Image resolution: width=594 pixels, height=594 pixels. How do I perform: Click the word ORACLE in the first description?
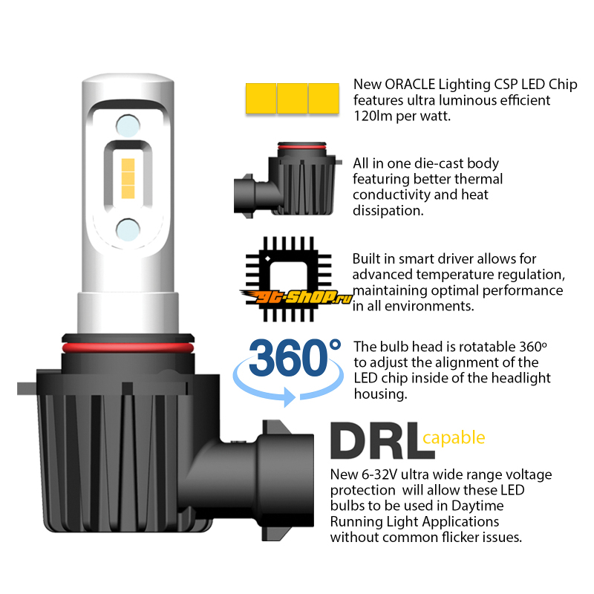coord(410,85)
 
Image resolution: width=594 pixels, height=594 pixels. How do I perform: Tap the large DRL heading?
coord(382,440)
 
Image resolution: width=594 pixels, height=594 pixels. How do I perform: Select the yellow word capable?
coord(454,438)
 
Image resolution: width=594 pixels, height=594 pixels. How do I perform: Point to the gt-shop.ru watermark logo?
coord(296,296)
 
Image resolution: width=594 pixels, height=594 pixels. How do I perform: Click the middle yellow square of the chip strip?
coord(293,99)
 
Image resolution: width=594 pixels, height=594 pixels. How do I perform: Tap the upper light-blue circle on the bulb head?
coord(128,125)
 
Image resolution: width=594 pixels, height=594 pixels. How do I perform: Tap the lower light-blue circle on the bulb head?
coord(128,229)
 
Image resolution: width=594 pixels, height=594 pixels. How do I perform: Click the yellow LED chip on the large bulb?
coord(128,178)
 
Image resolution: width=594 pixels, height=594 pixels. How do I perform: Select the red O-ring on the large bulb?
coord(128,347)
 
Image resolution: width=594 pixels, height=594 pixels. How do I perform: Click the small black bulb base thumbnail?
coord(288,180)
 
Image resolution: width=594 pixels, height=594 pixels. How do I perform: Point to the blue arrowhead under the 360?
coord(290,397)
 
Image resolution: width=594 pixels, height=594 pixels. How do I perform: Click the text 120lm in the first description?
coord(373,116)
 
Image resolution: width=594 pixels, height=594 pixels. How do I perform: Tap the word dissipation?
coord(388,211)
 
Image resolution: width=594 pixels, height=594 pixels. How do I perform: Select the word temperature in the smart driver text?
coord(444,275)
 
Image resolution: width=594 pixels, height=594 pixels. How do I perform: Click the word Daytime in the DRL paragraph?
coord(477,506)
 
